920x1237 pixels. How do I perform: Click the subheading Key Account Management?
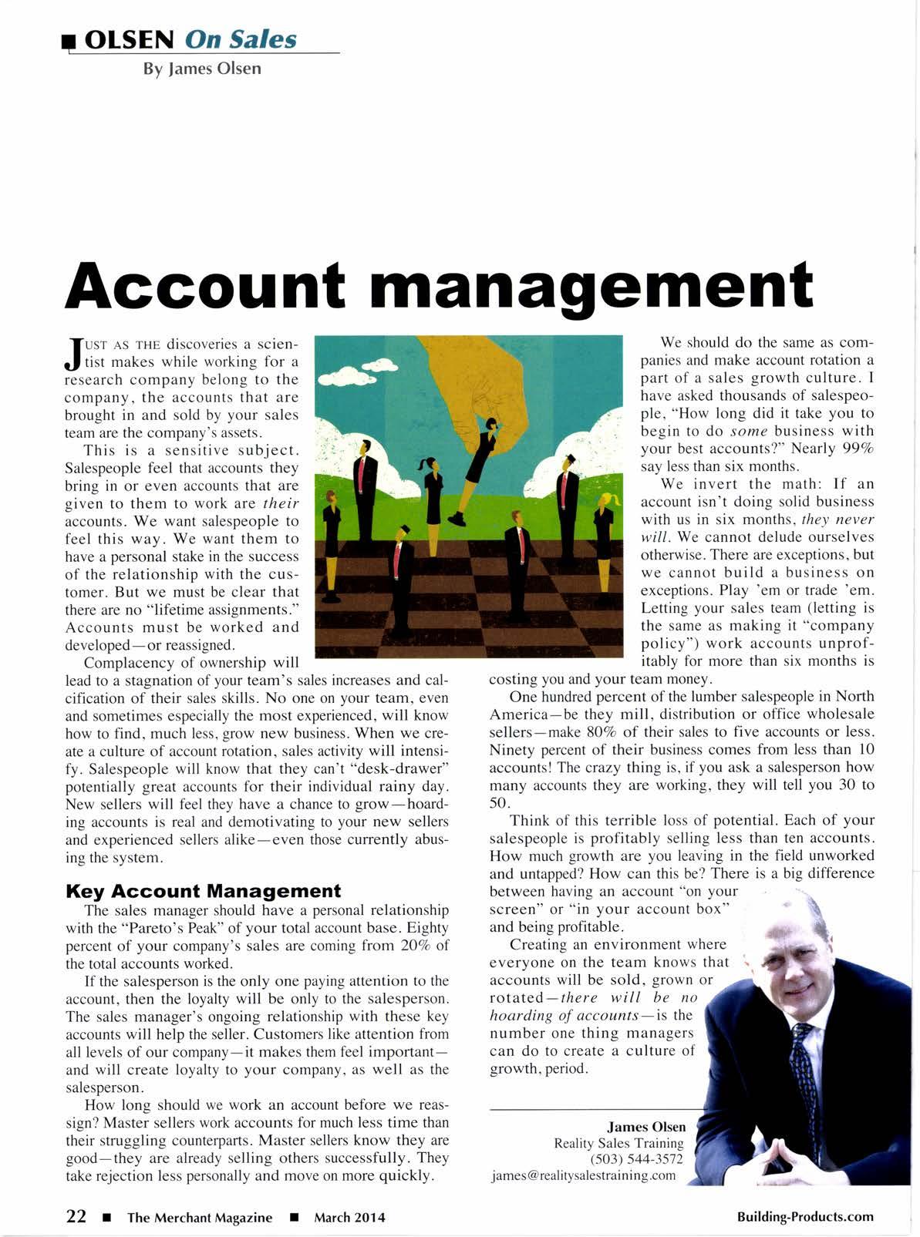coord(204,891)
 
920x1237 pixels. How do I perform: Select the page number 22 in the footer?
coord(76,1216)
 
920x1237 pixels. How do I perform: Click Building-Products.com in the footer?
coord(805,1216)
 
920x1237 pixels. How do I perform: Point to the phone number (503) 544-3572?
coord(636,1159)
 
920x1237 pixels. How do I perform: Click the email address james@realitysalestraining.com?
coord(583,1175)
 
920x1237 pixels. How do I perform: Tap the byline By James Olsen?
coord(202,68)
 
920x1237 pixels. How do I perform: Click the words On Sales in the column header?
coord(241,39)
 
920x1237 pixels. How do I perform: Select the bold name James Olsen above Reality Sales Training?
coord(646,1126)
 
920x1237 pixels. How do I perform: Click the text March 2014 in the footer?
coord(349,1217)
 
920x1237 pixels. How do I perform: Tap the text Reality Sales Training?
coord(618,1143)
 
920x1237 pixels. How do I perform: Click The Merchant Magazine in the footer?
coord(200,1217)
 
